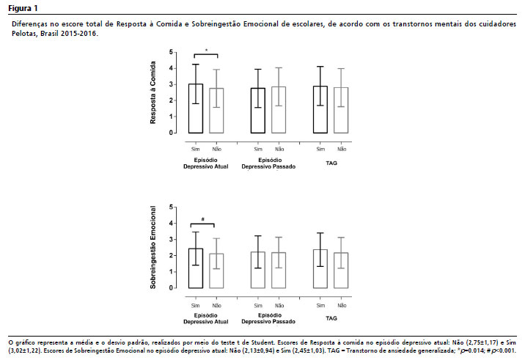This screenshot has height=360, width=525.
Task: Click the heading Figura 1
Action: [23, 8]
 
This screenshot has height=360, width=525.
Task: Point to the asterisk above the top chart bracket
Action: [206, 51]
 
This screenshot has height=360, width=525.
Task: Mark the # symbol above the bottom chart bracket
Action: [203, 219]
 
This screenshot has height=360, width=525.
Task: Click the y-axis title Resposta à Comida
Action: [153, 92]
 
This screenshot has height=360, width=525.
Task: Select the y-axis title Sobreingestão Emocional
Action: [153, 247]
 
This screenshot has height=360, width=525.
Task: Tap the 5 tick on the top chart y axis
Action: [171, 52]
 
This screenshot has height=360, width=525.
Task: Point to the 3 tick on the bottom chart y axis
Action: [171, 240]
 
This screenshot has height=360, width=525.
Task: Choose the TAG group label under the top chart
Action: [331, 163]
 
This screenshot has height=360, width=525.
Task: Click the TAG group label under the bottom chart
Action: [331, 318]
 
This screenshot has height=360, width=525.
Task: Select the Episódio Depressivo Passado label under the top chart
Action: [268, 164]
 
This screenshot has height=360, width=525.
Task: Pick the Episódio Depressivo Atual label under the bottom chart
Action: [206, 318]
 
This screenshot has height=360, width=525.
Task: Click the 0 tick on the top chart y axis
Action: [171, 133]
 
